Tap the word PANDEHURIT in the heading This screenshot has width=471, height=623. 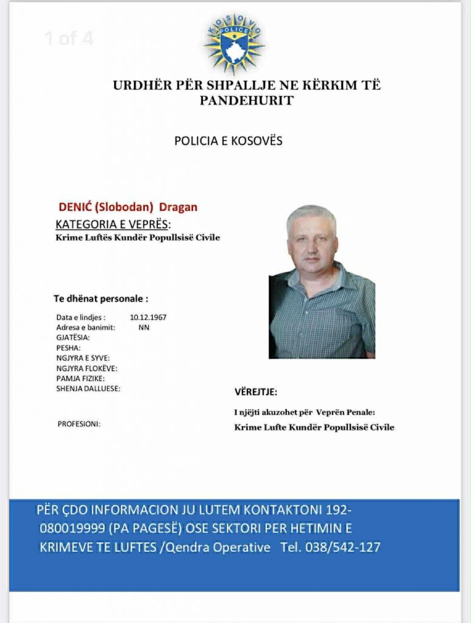click(246, 100)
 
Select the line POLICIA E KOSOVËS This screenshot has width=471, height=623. click(228, 141)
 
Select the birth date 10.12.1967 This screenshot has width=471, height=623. click(148, 318)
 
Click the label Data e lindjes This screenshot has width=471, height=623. click(80, 318)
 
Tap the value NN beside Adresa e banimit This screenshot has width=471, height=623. click(144, 327)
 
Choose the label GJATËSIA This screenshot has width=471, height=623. click(73, 337)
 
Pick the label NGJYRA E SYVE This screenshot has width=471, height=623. click(83, 358)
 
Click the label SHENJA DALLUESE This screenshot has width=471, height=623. click(88, 388)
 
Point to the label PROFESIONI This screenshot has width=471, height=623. click(79, 424)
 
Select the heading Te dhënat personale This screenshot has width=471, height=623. click(101, 299)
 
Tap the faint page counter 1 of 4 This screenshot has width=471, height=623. click(68, 38)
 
